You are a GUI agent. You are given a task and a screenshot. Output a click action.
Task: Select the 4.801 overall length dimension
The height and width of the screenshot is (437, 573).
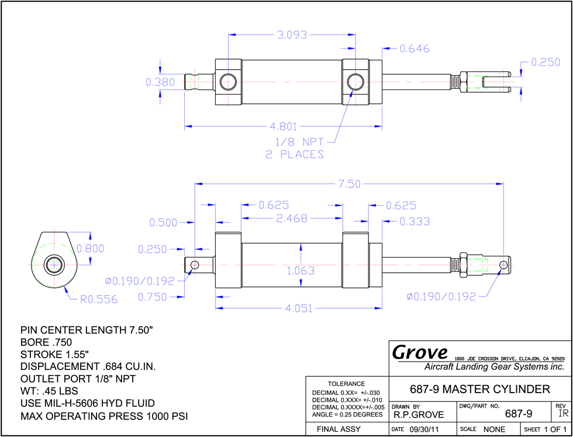pyautogui.click(x=283, y=127)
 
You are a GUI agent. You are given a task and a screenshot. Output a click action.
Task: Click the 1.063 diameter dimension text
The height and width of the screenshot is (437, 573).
pyautogui.click(x=301, y=271)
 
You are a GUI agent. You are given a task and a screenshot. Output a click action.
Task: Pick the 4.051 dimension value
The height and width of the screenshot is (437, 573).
pyautogui.click(x=299, y=309)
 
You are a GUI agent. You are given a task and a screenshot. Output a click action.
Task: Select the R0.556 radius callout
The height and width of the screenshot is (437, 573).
pyautogui.click(x=99, y=300)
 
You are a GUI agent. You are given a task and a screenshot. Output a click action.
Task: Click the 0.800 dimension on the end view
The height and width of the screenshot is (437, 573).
pyautogui.click(x=90, y=249)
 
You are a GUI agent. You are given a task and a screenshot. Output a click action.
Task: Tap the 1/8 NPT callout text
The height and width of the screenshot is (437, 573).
pyautogui.click(x=299, y=141)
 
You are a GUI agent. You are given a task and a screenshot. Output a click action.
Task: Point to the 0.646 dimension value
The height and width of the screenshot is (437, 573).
pyautogui.click(x=415, y=48)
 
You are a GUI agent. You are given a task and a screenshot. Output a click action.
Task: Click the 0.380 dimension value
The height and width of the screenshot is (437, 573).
pyautogui.click(x=160, y=82)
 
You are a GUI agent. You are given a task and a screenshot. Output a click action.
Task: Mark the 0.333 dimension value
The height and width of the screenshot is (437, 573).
pyautogui.click(x=415, y=221)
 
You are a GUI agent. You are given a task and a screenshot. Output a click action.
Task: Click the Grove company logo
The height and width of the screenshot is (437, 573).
pyautogui.click(x=420, y=352)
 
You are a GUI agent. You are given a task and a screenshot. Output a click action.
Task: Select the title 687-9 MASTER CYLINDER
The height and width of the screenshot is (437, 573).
pyautogui.click(x=480, y=389)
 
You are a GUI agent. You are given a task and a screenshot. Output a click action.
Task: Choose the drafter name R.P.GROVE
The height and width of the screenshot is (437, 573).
pyautogui.click(x=419, y=415)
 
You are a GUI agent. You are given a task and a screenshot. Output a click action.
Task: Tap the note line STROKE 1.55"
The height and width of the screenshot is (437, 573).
pyautogui.click(x=55, y=355)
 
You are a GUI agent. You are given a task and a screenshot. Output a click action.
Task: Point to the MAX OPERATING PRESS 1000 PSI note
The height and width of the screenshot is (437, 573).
pyautogui.click(x=104, y=416)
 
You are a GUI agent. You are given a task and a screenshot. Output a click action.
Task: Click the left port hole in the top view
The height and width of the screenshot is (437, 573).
pyautogui.click(x=229, y=82)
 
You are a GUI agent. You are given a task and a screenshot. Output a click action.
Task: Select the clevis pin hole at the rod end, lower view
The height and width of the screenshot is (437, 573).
pyautogui.click(x=504, y=264)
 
